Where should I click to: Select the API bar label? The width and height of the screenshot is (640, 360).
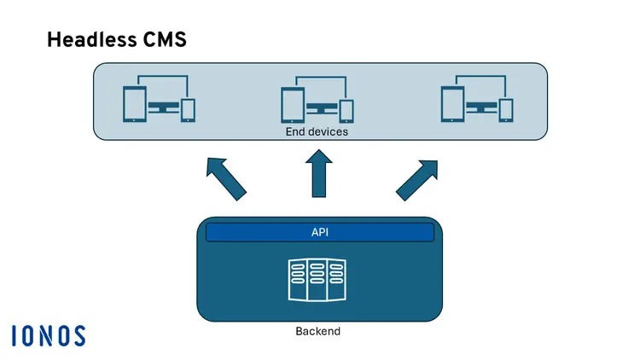click(x=320, y=232)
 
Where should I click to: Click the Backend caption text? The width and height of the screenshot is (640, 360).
click(x=317, y=331)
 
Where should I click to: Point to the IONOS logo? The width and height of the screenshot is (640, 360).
click(x=49, y=335)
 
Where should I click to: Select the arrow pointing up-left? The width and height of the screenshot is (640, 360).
click(x=226, y=177)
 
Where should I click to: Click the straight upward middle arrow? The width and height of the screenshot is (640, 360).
click(x=320, y=176)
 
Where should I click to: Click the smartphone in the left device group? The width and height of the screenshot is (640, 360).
click(x=189, y=110)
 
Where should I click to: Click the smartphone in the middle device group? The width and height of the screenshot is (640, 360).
click(x=346, y=110)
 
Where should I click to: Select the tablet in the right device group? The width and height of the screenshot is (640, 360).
click(x=452, y=104)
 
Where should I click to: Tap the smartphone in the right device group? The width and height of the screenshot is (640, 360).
click(x=506, y=110)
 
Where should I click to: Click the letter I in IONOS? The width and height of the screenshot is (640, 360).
click(x=15, y=335)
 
